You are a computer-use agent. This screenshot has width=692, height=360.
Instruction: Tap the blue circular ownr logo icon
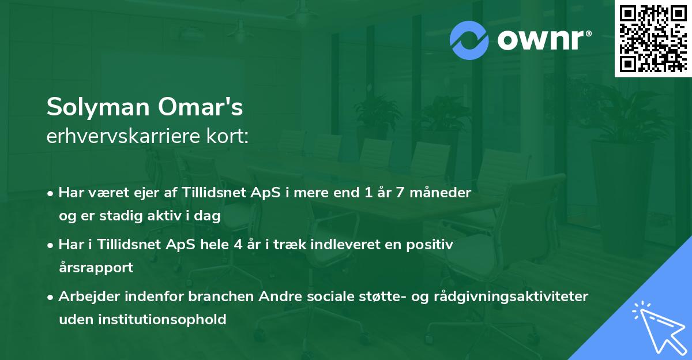[469, 40]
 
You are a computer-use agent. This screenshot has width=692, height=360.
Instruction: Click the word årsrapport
[96, 268]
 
